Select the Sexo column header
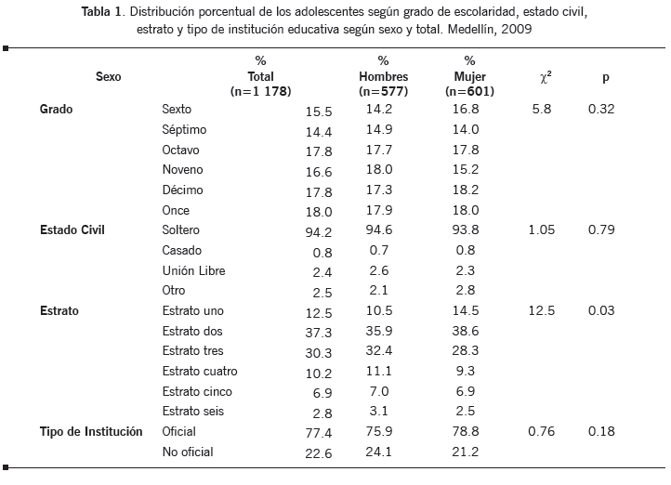(109, 76)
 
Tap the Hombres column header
(382, 76)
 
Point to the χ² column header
(546, 76)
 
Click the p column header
(606, 76)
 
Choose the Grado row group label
(57, 110)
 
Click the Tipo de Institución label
(91, 432)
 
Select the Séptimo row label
(184, 130)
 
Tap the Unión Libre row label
(193, 270)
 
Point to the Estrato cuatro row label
(199, 372)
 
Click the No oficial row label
(188, 452)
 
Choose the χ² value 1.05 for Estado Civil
(542, 229)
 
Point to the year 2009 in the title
(518, 30)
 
